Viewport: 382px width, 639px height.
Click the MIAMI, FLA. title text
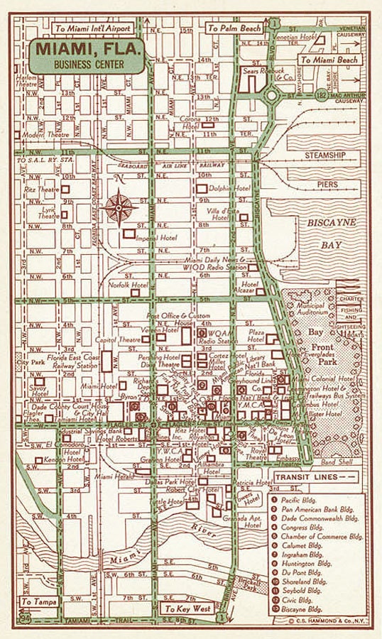[x=88, y=50]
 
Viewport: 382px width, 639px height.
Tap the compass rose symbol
[x=119, y=208]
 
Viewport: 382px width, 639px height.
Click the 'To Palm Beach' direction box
[x=233, y=29]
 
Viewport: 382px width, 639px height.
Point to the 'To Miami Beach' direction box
[x=329, y=60]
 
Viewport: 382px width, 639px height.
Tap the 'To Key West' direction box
[x=187, y=609]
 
